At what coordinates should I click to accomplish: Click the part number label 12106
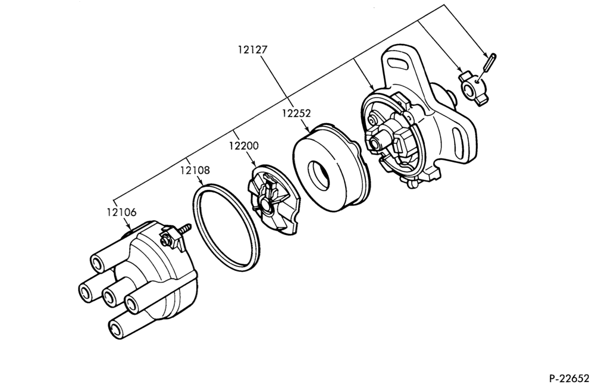pyautogui.click(x=121, y=212)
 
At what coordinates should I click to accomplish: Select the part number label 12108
pyautogui.click(x=195, y=170)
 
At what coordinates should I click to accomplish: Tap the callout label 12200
pyautogui.click(x=243, y=146)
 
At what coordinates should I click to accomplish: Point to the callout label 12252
pyautogui.click(x=296, y=113)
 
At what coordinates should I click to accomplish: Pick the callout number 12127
pyautogui.click(x=253, y=49)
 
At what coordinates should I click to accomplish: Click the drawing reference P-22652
pyautogui.click(x=569, y=378)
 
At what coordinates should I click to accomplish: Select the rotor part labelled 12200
pyautogui.click(x=273, y=198)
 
